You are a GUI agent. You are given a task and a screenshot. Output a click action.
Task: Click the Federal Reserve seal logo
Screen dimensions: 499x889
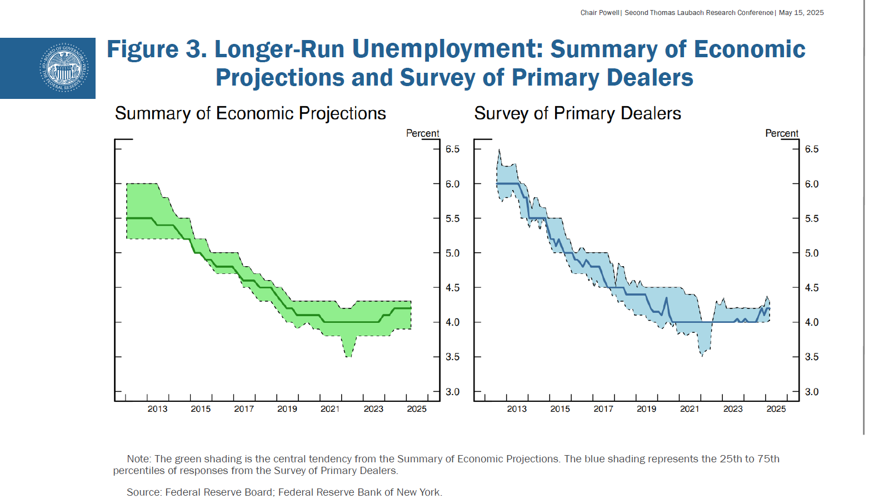pyautogui.click(x=64, y=68)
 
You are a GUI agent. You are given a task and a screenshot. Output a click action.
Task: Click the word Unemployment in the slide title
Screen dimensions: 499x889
pyautogui.click(x=447, y=49)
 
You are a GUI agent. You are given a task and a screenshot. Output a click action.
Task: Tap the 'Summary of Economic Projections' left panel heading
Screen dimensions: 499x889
pyautogui.click(x=250, y=113)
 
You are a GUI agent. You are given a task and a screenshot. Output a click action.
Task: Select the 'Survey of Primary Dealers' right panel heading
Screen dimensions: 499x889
pyautogui.click(x=577, y=113)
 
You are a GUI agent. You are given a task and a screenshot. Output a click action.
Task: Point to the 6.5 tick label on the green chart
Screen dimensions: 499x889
pyautogui.click(x=452, y=149)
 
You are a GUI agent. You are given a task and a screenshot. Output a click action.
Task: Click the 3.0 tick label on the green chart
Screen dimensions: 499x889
pyautogui.click(x=452, y=392)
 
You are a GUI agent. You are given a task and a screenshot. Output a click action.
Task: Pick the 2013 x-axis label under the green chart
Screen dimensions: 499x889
pyautogui.click(x=157, y=409)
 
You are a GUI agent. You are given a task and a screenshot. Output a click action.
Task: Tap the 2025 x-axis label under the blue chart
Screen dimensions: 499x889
pyautogui.click(x=776, y=409)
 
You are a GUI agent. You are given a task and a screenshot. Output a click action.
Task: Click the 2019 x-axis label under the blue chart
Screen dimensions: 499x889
pyautogui.click(x=646, y=409)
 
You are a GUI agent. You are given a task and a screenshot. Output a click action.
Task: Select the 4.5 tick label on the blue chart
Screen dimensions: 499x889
pyautogui.click(x=812, y=288)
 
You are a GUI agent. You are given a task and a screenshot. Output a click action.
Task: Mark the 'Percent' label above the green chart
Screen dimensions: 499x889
pyautogui.click(x=422, y=133)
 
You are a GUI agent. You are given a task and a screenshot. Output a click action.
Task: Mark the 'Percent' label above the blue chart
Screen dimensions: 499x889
pyautogui.click(x=782, y=133)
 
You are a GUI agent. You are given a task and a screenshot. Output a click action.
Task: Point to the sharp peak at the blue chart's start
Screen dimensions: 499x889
pyautogui.click(x=499, y=151)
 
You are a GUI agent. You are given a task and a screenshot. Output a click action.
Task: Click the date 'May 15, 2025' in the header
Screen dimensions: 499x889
pyautogui.click(x=801, y=13)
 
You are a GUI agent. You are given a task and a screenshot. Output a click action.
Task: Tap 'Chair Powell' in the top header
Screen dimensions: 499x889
pyautogui.click(x=600, y=13)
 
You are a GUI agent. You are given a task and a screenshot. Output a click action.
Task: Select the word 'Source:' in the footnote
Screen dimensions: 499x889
pyautogui.click(x=144, y=492)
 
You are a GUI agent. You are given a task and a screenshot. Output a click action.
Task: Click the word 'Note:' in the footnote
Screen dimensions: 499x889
pyautogui.click(x=139, y=459)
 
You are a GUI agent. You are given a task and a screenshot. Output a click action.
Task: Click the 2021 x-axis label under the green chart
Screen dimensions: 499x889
pyautogui.click(x=330, y=409)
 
